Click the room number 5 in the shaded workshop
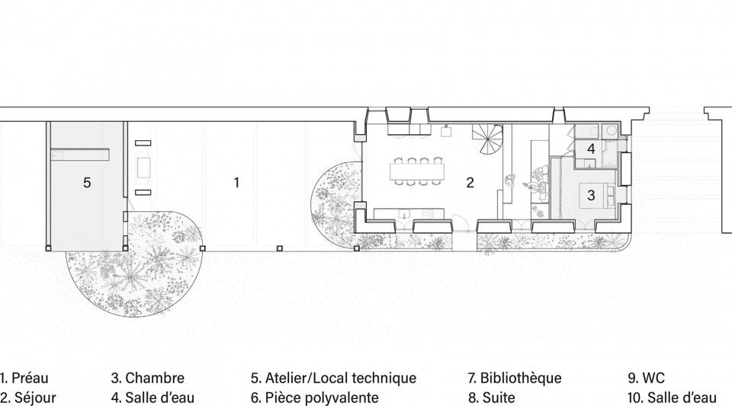[87, 183]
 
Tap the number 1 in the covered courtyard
[236, 183]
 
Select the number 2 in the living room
[470, 183]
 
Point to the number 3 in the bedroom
[591, 194]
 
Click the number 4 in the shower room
[591, 149]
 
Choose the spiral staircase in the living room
[487, 140]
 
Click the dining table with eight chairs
[418, 171]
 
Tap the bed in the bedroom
[599, 195]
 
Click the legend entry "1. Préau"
[24, 378]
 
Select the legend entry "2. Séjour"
[28, 398]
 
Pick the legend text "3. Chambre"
[147, 378]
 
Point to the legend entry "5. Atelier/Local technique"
[333, 378]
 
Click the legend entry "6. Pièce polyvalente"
[315, 398]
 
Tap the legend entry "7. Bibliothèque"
[515, 378]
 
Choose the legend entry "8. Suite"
[492, 398]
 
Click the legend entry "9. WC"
[646, 378]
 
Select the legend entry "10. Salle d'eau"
[673, 398]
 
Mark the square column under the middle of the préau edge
[279, 248]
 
